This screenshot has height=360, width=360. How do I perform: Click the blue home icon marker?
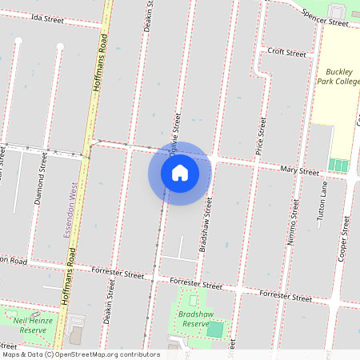tap(180, 172)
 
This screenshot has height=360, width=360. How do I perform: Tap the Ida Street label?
tap(47, 18)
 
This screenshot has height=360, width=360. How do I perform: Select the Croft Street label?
tap(287, 53)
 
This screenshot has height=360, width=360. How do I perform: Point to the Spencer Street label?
tap(325, 18)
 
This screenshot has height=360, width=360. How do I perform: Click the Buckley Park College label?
tap(334, 77)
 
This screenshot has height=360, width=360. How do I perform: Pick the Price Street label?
tap(260, 135)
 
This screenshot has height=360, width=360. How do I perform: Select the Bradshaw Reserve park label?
tap(196, 318)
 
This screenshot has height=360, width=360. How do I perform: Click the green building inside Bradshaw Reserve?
tap(216, 329)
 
